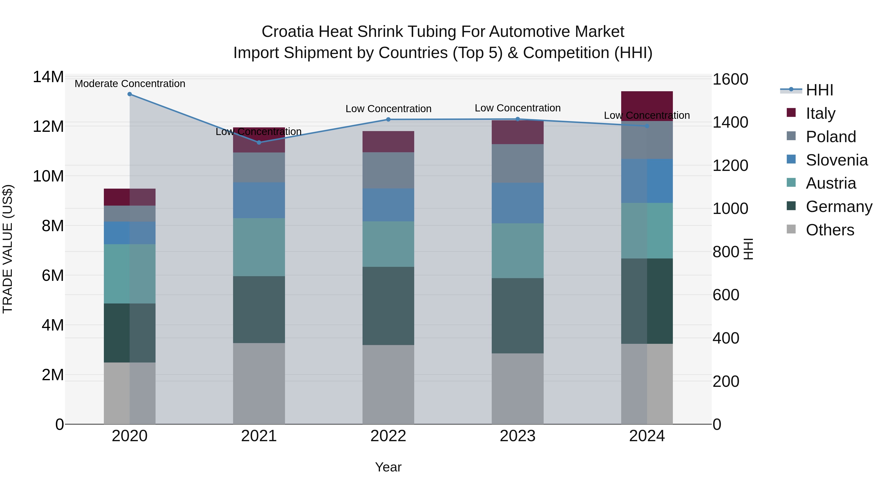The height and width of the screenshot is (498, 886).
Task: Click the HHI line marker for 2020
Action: pos(130,94)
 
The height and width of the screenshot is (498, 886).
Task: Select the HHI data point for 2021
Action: pos(259,142)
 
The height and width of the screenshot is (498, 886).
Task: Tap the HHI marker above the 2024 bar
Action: pos(647,126)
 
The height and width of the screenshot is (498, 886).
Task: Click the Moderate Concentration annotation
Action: pos(130,84)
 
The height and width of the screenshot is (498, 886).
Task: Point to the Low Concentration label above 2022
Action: pos(388,109)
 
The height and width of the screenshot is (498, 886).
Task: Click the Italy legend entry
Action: pos(820,113)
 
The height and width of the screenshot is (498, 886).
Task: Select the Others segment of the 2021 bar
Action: pos(259,383)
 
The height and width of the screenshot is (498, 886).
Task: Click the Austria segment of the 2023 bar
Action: pos(518,251)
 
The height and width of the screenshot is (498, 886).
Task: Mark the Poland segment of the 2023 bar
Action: pos(518,163)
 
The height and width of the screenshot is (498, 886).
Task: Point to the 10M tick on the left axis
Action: pos(48,176)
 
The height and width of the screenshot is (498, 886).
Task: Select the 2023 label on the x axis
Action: pos(518,436)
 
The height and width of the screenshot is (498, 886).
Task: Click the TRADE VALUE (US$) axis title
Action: pos(8,249)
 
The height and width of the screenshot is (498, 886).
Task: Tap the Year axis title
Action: pos(388,467)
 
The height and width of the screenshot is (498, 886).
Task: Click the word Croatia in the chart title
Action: pos(287,32)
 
